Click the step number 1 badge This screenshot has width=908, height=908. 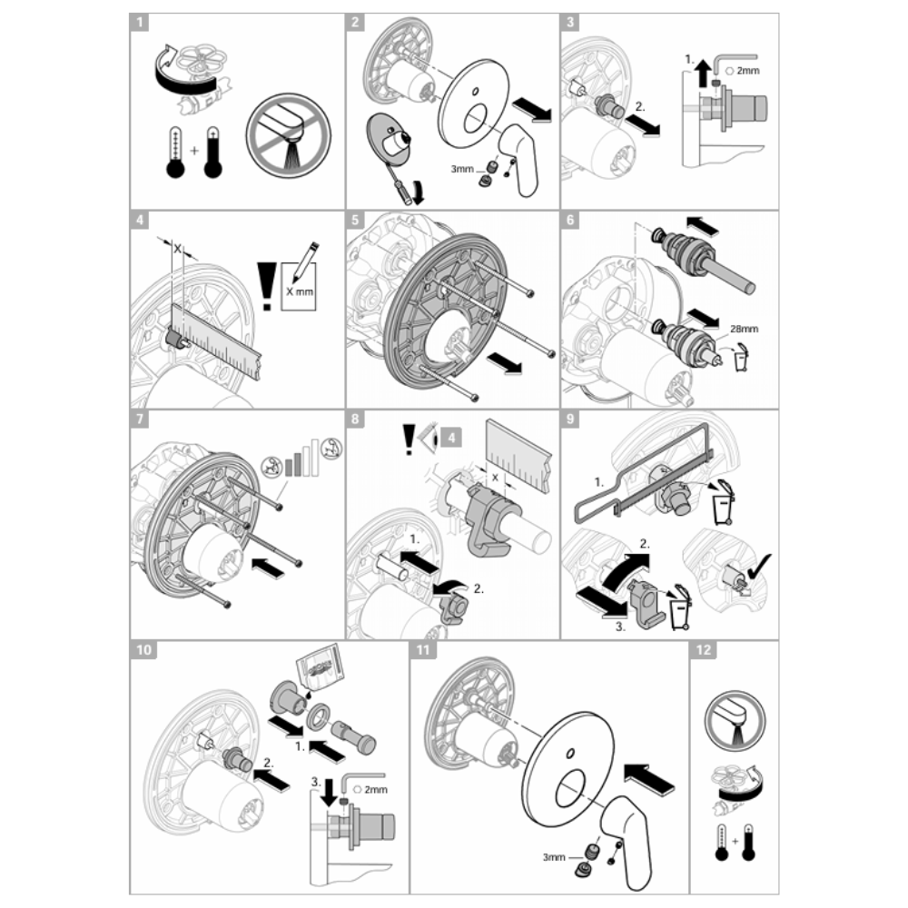pos(139,23)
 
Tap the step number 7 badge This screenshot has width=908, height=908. pos(139,419)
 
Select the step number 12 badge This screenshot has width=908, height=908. pos(704,650)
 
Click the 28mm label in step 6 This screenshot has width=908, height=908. pos(744,329)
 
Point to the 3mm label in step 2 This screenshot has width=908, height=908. pos(462,169)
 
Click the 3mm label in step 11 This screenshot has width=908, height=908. pos(554,856)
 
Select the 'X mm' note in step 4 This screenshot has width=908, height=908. pos(300,291)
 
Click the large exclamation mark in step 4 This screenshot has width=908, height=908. pos(266,286)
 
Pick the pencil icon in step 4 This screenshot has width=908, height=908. pos(306,262)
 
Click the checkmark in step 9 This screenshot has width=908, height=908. pos(759,567)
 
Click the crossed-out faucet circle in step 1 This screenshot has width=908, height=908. pos(289,135)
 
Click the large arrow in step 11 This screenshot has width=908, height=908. pos(650,779)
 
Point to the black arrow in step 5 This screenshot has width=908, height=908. pos(504,364)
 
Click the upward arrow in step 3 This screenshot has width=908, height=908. pos(703,73)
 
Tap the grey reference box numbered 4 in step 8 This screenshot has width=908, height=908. pos(451,438)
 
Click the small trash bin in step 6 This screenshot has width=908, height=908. pos(741,357)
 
